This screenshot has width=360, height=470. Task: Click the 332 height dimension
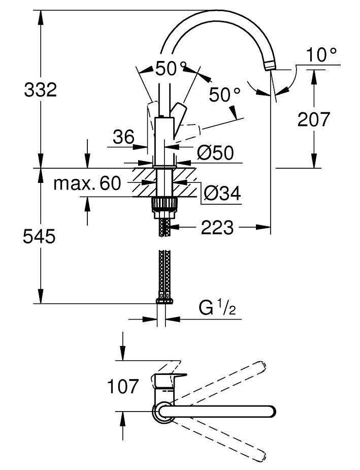point(40,90)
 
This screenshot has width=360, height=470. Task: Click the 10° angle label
point(322,54)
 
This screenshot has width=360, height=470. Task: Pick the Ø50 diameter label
point(216,152)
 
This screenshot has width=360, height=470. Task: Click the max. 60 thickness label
point(87,183)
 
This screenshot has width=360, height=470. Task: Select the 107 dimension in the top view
point(122,387)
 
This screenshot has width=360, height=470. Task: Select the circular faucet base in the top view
point(163,411)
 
